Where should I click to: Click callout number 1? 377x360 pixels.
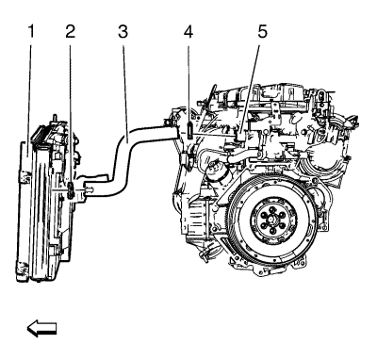31,32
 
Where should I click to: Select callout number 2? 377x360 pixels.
70,32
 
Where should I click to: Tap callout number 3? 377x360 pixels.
123,32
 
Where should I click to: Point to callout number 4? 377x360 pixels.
188,32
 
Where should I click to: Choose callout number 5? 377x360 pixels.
263,32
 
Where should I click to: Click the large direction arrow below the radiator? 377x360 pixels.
41,329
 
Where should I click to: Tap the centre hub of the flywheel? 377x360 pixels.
272,219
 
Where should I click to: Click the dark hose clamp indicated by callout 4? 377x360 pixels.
189,130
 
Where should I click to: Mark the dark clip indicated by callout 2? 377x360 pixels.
71,190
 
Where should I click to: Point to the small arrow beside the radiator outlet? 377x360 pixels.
90,189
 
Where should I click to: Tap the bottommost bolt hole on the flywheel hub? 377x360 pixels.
272,232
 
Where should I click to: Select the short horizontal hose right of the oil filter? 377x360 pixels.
243,155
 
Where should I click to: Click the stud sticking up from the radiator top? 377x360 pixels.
55,118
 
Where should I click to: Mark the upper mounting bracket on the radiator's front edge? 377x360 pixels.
25,177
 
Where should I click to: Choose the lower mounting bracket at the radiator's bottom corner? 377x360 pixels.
23,269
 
